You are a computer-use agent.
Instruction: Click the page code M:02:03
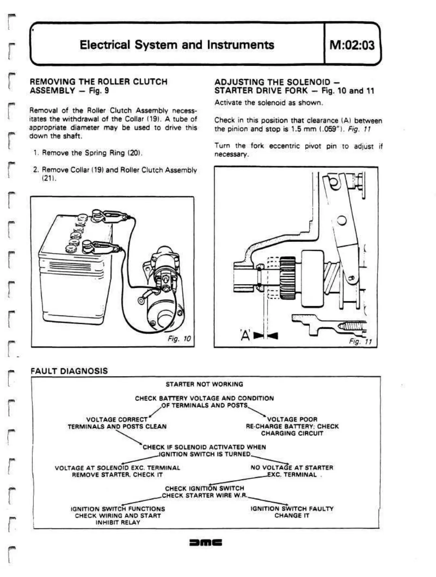(x=352, y=45)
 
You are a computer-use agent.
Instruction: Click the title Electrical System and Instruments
(x=177, y=45)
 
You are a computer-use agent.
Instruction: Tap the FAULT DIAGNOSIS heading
(x=69, y=371)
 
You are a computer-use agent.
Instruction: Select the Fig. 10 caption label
(x=179, y=339)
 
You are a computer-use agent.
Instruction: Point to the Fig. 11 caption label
(x=360, y=341)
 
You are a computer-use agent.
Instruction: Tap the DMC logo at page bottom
(x=206, y=543)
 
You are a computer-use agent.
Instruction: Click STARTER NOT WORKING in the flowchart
(x=204, y=384)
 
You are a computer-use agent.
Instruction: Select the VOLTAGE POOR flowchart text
(x=292, y=419)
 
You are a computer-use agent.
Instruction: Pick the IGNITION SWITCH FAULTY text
(x=292, y=509)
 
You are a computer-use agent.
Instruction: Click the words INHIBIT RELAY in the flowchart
(x=118, y=523)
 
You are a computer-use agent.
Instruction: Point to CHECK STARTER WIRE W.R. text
(x=205, y=495)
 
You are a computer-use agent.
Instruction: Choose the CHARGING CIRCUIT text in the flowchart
(x=292, y=433)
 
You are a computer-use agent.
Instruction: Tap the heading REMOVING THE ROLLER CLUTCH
(x=98, y=82)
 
